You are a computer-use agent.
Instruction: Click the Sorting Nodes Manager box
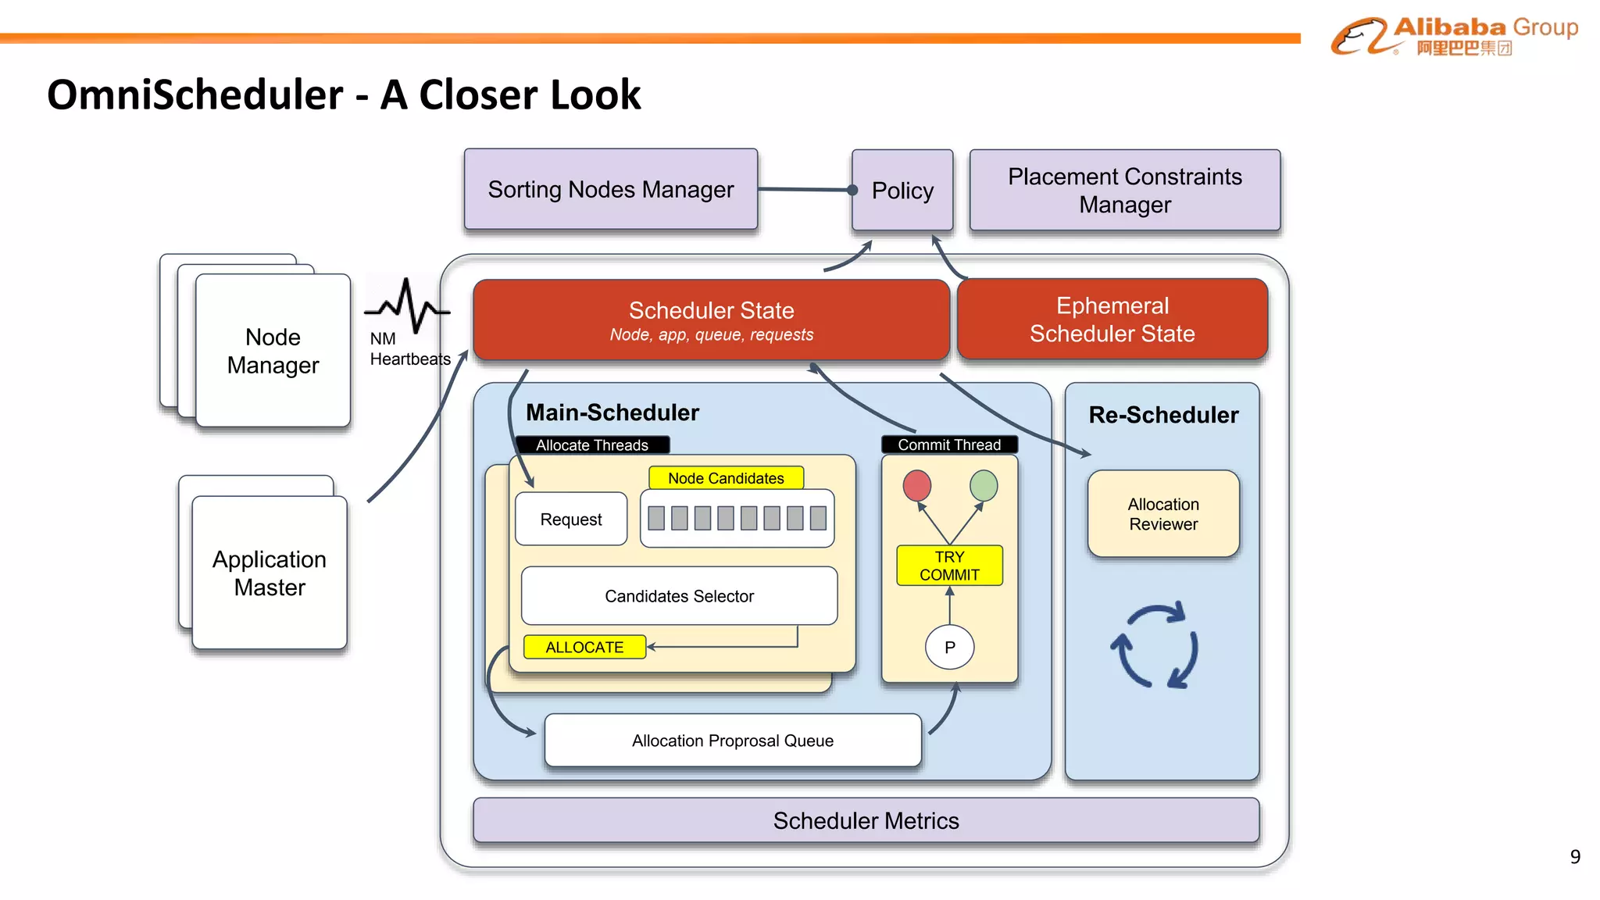coord(610,189)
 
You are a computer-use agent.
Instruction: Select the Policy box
coord(902,190)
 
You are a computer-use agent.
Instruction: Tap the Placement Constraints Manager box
coord(1124,190)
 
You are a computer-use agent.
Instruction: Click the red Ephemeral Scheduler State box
coord(1112,319)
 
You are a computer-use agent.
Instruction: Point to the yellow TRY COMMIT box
coord(949,566)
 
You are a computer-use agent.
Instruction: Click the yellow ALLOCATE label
coord(584,647)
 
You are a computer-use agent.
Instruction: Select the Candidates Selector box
coord(679,596)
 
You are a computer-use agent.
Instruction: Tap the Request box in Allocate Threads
coord(571,519)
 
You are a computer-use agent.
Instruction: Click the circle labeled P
coord(949,647)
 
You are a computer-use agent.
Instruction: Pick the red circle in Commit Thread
coord(916,485)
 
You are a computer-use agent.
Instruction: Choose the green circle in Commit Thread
coord(983,485)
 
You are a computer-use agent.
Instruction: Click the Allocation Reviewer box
coord(1163,513)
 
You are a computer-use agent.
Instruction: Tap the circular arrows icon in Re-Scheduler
coord(1155,645)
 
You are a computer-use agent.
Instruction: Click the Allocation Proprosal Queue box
coord(732,740)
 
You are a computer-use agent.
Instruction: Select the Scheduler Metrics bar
coord(866,820)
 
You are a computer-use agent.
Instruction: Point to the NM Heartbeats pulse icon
coord(407,305)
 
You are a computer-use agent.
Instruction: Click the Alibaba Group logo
coord(1454,35)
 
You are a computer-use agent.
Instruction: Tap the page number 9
coord(1575,856)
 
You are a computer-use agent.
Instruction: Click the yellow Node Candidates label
coord(726,477)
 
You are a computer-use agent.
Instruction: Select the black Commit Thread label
coord(949,445)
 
